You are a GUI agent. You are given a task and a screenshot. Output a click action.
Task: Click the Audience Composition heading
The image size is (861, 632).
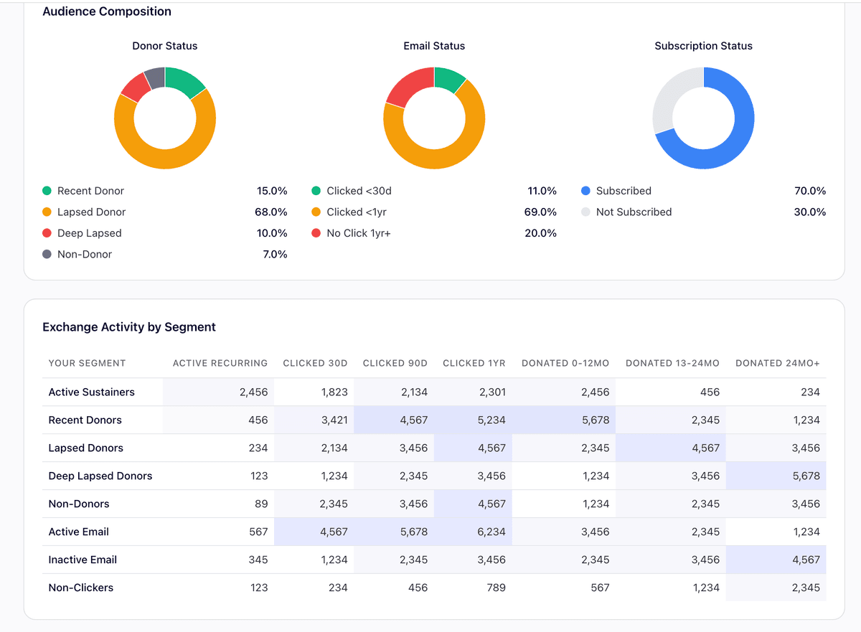pos(107,11)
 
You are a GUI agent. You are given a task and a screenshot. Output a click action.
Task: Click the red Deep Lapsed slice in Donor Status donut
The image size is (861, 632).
pos(133,86)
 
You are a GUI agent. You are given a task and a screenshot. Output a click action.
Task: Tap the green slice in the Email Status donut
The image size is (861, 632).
pos(450,78)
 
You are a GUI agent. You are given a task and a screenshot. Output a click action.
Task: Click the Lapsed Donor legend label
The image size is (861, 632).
pos(91,212)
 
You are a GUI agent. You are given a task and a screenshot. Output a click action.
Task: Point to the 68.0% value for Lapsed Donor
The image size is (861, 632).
pos(272,212)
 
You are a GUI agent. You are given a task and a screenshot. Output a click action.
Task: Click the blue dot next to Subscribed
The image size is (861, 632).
pos(585,191)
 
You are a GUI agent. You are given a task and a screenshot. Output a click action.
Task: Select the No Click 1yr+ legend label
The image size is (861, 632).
pos(359,233)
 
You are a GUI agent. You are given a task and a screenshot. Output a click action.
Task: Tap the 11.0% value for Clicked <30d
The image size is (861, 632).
pos(542,191)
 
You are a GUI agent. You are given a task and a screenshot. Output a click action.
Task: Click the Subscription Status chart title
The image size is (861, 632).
pos(703,46)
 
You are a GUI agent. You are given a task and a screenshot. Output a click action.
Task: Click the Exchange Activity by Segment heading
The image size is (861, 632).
pos(129,327)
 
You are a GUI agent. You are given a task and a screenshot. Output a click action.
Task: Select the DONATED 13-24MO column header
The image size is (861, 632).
pos(672,363)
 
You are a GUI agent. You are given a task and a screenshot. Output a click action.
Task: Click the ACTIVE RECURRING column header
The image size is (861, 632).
pos(220,363)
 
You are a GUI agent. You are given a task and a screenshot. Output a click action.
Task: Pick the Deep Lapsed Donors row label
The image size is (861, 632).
pos(100,476)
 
